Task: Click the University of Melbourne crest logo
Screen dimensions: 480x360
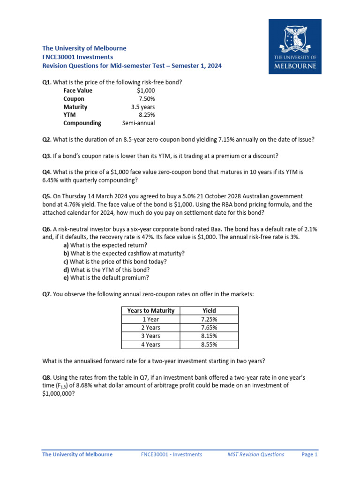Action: click(x=295, y=46)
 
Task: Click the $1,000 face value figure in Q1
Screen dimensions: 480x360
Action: click(x=146, y=90)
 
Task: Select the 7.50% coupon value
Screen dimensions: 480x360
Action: click(x=147, y=99)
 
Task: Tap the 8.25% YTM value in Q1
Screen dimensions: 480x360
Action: click(x=147, y=115)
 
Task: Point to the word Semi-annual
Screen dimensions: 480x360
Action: click(x=138, y=123)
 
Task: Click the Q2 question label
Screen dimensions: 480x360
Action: click(x=46, y=140)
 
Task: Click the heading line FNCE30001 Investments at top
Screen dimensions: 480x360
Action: click(x=77, y=57)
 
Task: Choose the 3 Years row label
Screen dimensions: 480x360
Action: click(x=151, y=336)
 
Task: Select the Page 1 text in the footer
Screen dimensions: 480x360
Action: click(x=309, y=454)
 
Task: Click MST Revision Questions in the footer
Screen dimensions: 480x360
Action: click(x=255, y=454)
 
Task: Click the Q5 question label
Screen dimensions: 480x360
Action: click(x=46, y=196)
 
